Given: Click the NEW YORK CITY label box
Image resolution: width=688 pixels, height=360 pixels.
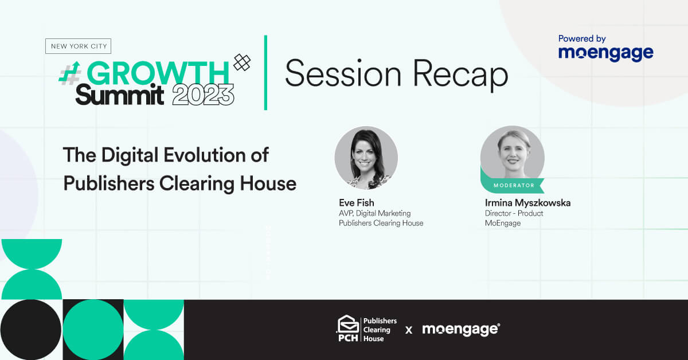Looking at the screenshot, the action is [x=79, y=46].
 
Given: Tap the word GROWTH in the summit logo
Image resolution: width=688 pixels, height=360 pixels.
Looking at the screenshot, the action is [x=158, y=73].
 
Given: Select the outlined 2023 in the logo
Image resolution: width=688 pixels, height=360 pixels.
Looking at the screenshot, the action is [x=203, y=95].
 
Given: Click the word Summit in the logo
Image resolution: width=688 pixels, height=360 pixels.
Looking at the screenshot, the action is [x=119, y=95].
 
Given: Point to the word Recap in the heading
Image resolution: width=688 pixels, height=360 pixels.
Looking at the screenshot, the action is [x=460, y=74].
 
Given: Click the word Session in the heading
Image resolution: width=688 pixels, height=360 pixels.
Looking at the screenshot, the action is [x=343, y=73].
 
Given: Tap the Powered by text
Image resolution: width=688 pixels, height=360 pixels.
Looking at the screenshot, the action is [x=582, y=39].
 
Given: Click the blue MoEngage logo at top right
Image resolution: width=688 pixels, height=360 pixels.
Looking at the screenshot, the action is [x=605, y=53].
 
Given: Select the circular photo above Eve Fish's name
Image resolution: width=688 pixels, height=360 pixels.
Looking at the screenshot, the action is [x=366, y=158].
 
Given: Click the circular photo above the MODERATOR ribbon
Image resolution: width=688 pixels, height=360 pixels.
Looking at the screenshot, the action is [x=513, y=156].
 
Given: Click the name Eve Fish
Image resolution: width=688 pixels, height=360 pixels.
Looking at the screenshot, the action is [x=357, y=203].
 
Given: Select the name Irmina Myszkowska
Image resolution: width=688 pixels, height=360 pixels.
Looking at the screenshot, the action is [x=527, y=203].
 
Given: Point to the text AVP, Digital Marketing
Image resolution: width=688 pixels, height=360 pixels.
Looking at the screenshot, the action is [x=375, y=213].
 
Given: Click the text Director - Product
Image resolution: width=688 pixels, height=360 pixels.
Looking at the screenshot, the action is [x=514, y=213].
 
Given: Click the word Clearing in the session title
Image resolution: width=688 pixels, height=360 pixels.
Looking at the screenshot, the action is [x=197, y=184].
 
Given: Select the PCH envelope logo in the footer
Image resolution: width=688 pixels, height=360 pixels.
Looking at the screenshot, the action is [x=347, y=328].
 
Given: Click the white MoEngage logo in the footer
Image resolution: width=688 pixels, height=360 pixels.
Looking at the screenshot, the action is [x=461, y=329].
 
